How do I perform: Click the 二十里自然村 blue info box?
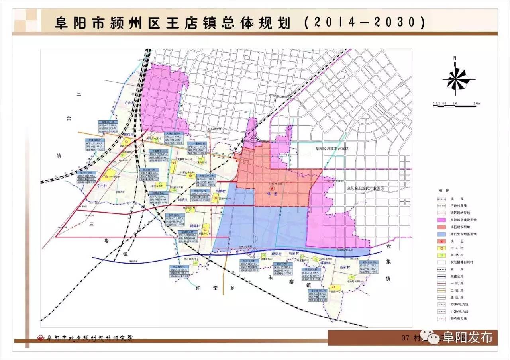[198, 147]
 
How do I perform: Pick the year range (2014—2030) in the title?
[364, 22]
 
